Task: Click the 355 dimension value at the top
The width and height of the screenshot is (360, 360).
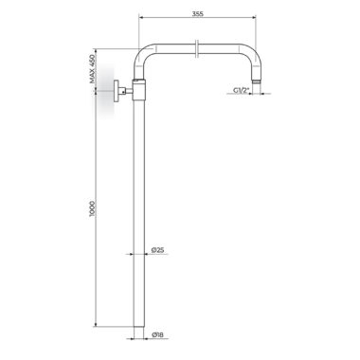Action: (198, 14)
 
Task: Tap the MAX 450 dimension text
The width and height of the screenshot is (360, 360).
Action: (92, 69)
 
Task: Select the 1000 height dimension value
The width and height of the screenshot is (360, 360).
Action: (92, 208)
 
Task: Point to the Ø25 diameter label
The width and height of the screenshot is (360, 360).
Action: (157, 250)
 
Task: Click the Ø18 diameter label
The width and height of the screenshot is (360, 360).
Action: (157, 335)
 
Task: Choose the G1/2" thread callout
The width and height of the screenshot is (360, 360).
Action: (242, 90)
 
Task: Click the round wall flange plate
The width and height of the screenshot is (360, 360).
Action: (117, 91)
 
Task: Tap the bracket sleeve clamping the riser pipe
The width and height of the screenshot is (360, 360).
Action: (139, 90)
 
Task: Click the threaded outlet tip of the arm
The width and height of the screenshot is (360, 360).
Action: (256, 81)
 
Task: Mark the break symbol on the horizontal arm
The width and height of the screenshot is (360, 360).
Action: (197, 48)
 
